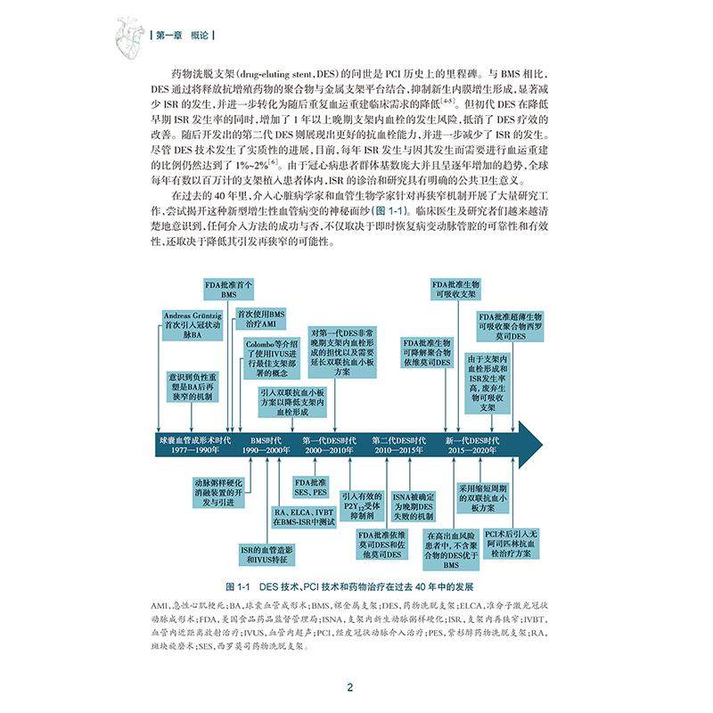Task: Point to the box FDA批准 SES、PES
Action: [x=310, y=487]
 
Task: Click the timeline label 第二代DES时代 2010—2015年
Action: [x=399, y=447]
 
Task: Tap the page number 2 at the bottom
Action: [x=350, y=687]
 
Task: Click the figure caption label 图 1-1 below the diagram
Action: [x=242, y=588]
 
